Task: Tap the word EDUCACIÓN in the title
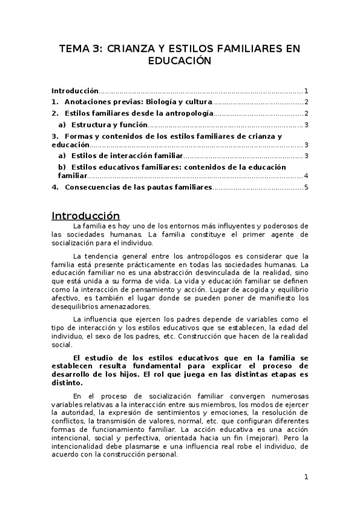pos(180,61)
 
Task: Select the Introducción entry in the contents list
pos(75,90)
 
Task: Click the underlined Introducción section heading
pos(85,216)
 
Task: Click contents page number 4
pos(306,176)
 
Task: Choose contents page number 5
pos(306,188)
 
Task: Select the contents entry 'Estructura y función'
pos(109,125)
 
